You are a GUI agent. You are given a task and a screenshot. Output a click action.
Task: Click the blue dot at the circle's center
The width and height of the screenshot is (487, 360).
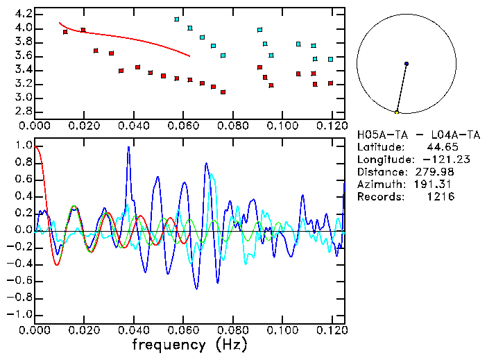[406, 64]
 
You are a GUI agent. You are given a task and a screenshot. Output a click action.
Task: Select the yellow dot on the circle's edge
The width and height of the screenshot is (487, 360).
[397, 112]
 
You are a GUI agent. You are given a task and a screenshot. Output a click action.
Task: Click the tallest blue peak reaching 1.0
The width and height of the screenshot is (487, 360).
[128, 148]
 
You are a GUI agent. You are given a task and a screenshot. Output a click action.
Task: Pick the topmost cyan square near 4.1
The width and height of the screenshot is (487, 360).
[177, 19]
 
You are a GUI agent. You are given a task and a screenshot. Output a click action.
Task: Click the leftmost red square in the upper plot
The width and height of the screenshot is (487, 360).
[65, 32]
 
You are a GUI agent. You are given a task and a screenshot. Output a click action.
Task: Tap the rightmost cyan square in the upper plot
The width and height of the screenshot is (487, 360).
[330, 60]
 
